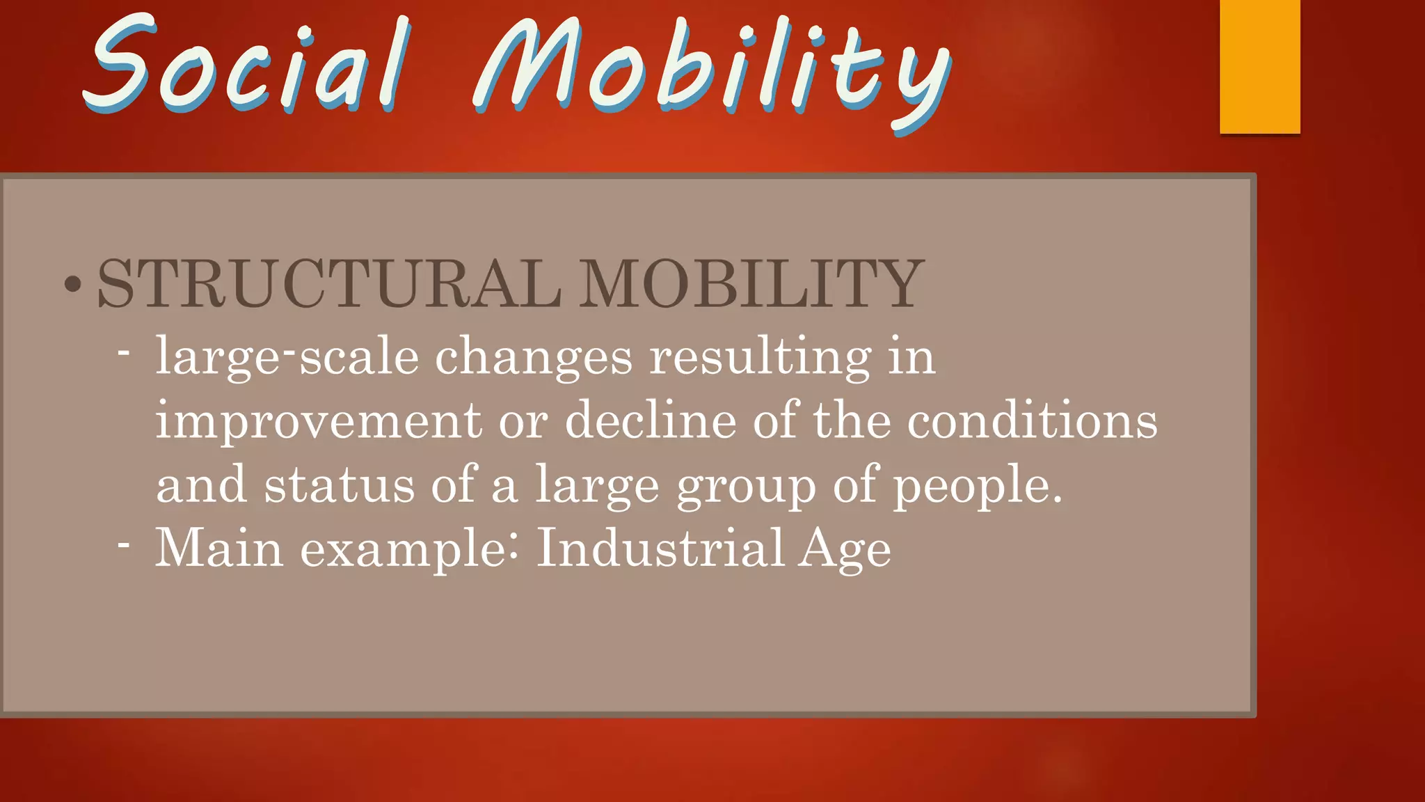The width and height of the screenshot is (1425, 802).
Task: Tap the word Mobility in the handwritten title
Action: (x=710, y=70)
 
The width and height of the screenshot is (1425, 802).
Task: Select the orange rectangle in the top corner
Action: (x=1259, y=66)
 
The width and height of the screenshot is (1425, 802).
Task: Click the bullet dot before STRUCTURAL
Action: (x=72, y=284)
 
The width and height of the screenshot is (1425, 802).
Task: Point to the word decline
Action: (x=650, y=420)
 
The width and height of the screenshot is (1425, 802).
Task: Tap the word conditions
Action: (x=1033, y=420)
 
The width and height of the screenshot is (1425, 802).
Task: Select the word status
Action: (x=340, y=485)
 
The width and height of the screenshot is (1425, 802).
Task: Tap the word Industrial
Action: (x=660, y=547)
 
